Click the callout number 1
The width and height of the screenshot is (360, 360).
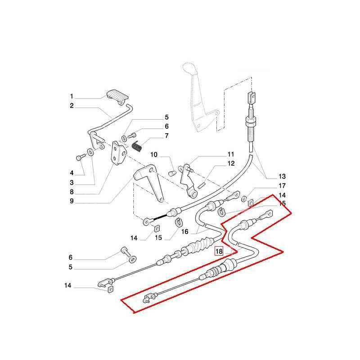(x=71, y=96)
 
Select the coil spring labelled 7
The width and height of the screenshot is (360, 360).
(x=138, y=146)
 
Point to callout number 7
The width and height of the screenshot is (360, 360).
(x=154, y=135)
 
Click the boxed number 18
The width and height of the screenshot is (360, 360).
(x=219, y=252)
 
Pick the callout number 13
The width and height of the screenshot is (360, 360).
(x=282, y=176)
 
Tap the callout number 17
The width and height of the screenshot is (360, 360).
(x=282, y=185)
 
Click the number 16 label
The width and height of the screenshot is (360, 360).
(x=184, y=232)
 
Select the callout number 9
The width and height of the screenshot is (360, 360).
(x=71, y=201)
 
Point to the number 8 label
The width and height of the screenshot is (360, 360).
(x=71, y=192)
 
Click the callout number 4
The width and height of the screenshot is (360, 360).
(x=71, y=173)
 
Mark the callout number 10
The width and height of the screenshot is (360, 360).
(x=154, y=155)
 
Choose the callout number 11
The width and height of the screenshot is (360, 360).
(x=231, y=154)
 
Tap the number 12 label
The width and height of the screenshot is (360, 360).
(x=231, y=164)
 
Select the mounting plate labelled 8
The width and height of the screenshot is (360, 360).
(x=119, y=154)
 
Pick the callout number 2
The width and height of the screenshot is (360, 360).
(x=71, y=106)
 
